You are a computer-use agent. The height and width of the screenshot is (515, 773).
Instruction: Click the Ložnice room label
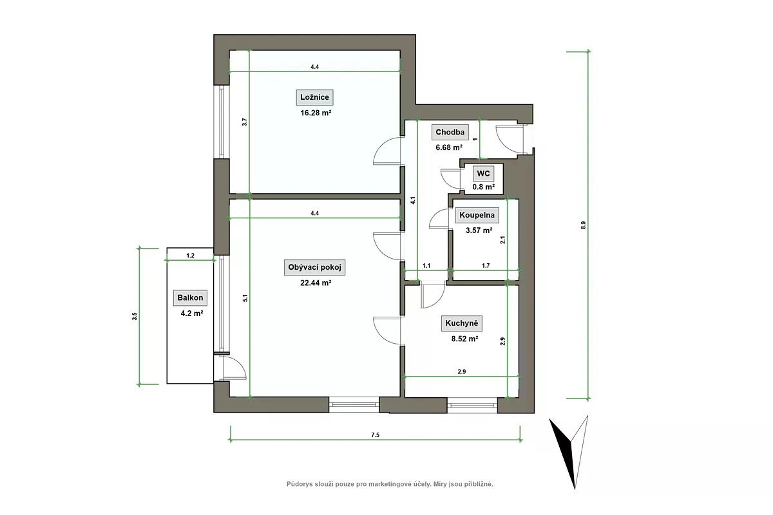point(314,97)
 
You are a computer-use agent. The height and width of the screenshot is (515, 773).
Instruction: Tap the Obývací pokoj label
point(314,267)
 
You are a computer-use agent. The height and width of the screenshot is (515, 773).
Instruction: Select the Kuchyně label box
point(461,324)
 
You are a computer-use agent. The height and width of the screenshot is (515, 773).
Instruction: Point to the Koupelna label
point(477,215)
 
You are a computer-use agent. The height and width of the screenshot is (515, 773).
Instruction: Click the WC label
point(483,174)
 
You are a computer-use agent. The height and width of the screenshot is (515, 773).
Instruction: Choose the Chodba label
point(450,132)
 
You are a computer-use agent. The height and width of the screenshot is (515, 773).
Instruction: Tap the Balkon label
point(190,297)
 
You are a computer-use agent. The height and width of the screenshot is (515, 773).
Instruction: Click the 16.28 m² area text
point(316,113)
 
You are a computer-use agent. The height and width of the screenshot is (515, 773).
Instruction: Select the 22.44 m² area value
point(316,283)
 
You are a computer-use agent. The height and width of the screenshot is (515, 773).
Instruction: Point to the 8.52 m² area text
point(464,339)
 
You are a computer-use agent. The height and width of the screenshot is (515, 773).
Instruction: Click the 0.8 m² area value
point(484,187)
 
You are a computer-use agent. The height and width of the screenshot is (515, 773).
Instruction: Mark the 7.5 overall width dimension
point(375,435)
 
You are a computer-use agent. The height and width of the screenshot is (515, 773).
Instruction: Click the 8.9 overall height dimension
point(583,225)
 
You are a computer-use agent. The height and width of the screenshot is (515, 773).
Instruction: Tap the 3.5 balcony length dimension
point(134,316)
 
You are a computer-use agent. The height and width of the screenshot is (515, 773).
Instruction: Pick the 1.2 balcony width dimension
point(190,256)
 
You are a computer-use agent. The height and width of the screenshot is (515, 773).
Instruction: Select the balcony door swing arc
point(240,365)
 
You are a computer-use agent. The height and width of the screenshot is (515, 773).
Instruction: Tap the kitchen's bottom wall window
point(472,406)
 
